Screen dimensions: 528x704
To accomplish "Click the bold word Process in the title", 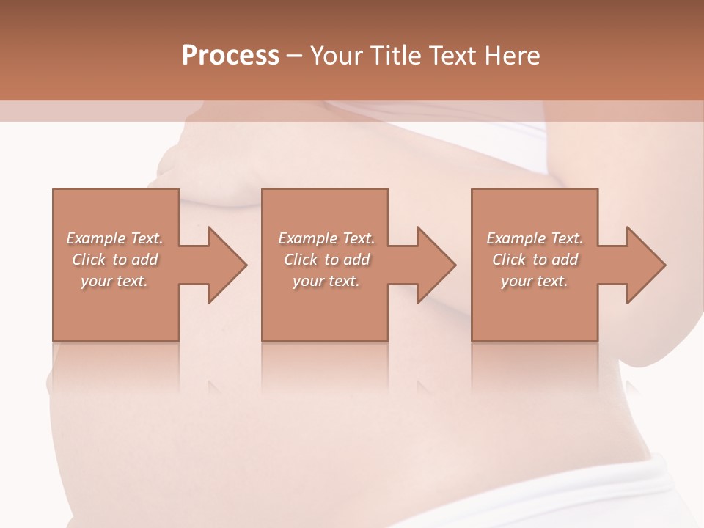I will point(230,56).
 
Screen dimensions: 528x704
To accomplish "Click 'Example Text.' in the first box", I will point(115,238).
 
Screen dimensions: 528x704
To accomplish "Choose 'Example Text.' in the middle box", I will point(326,238).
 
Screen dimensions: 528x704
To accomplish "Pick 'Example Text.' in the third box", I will point(535,238).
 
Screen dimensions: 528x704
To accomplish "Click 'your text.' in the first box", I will point(115,281).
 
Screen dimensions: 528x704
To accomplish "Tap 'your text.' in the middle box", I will point(326,281).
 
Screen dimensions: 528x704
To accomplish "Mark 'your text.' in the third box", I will point(535,281).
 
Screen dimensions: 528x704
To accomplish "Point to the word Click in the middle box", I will point(301,260).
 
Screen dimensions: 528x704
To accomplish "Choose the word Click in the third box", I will point(509,260).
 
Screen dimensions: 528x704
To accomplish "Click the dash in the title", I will point(295,56).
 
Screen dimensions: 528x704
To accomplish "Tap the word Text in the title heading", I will point(450,56).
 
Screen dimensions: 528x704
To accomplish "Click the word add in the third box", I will point(565,260).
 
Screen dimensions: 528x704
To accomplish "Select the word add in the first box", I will point(145,260).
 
